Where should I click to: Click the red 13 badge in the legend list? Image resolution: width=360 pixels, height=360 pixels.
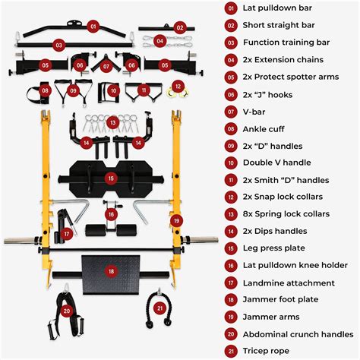[231, 213]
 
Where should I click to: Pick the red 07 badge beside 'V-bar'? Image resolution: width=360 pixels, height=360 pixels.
[231, 111]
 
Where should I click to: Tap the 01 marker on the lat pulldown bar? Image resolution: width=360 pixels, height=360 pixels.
[93, 26]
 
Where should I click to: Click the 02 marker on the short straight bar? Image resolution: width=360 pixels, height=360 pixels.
[180, 27]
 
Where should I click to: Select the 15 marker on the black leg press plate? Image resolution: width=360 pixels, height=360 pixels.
[112, 178]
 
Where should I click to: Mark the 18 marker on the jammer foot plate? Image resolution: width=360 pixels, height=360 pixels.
[112, 271]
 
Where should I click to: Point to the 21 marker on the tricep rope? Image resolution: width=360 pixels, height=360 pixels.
[159, 308]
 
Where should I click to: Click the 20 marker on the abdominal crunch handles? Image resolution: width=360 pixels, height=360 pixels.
[68, 310]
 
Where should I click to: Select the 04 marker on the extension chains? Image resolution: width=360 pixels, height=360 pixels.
[159, 40]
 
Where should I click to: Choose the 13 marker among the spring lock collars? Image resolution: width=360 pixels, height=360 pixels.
[113, 122]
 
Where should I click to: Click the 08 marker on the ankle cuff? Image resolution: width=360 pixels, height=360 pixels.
[46, 90]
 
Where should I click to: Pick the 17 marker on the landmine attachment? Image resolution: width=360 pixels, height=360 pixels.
[67, 234]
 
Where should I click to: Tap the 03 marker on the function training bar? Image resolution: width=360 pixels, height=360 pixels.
[36, 45]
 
